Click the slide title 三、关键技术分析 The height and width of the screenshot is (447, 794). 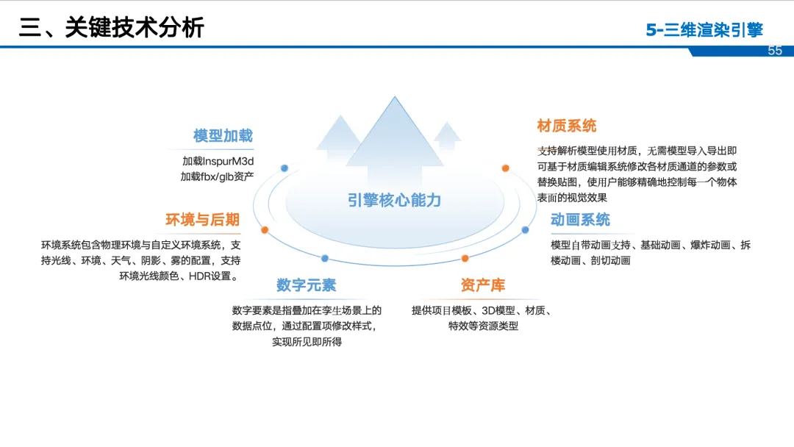coord(111,27)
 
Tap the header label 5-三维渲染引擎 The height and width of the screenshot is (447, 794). coord(704,30)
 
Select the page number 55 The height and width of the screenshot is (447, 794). coord(775,51)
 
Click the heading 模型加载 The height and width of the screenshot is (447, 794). coord(223,136)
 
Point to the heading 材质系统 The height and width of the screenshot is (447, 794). coord(567,126)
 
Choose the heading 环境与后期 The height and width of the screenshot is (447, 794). coord(202,220)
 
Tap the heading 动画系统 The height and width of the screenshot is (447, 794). coord(580,220)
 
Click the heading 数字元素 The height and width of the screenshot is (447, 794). coord(306,285)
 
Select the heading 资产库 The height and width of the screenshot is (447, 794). coord(483,285)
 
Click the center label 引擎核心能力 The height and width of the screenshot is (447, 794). coord(395,200)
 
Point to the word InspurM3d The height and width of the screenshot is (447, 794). coord(229,161)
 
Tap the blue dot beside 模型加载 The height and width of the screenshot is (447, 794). coord(285,168)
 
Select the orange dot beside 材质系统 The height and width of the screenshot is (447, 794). coord(506,168)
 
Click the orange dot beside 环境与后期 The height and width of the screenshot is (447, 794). coord(265,229)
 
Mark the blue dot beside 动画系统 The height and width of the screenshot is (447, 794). coord(525,229)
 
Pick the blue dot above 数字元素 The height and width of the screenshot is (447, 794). coord(325,258)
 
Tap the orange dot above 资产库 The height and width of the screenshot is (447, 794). coord(465,258)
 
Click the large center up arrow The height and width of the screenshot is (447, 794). coord(396,140)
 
